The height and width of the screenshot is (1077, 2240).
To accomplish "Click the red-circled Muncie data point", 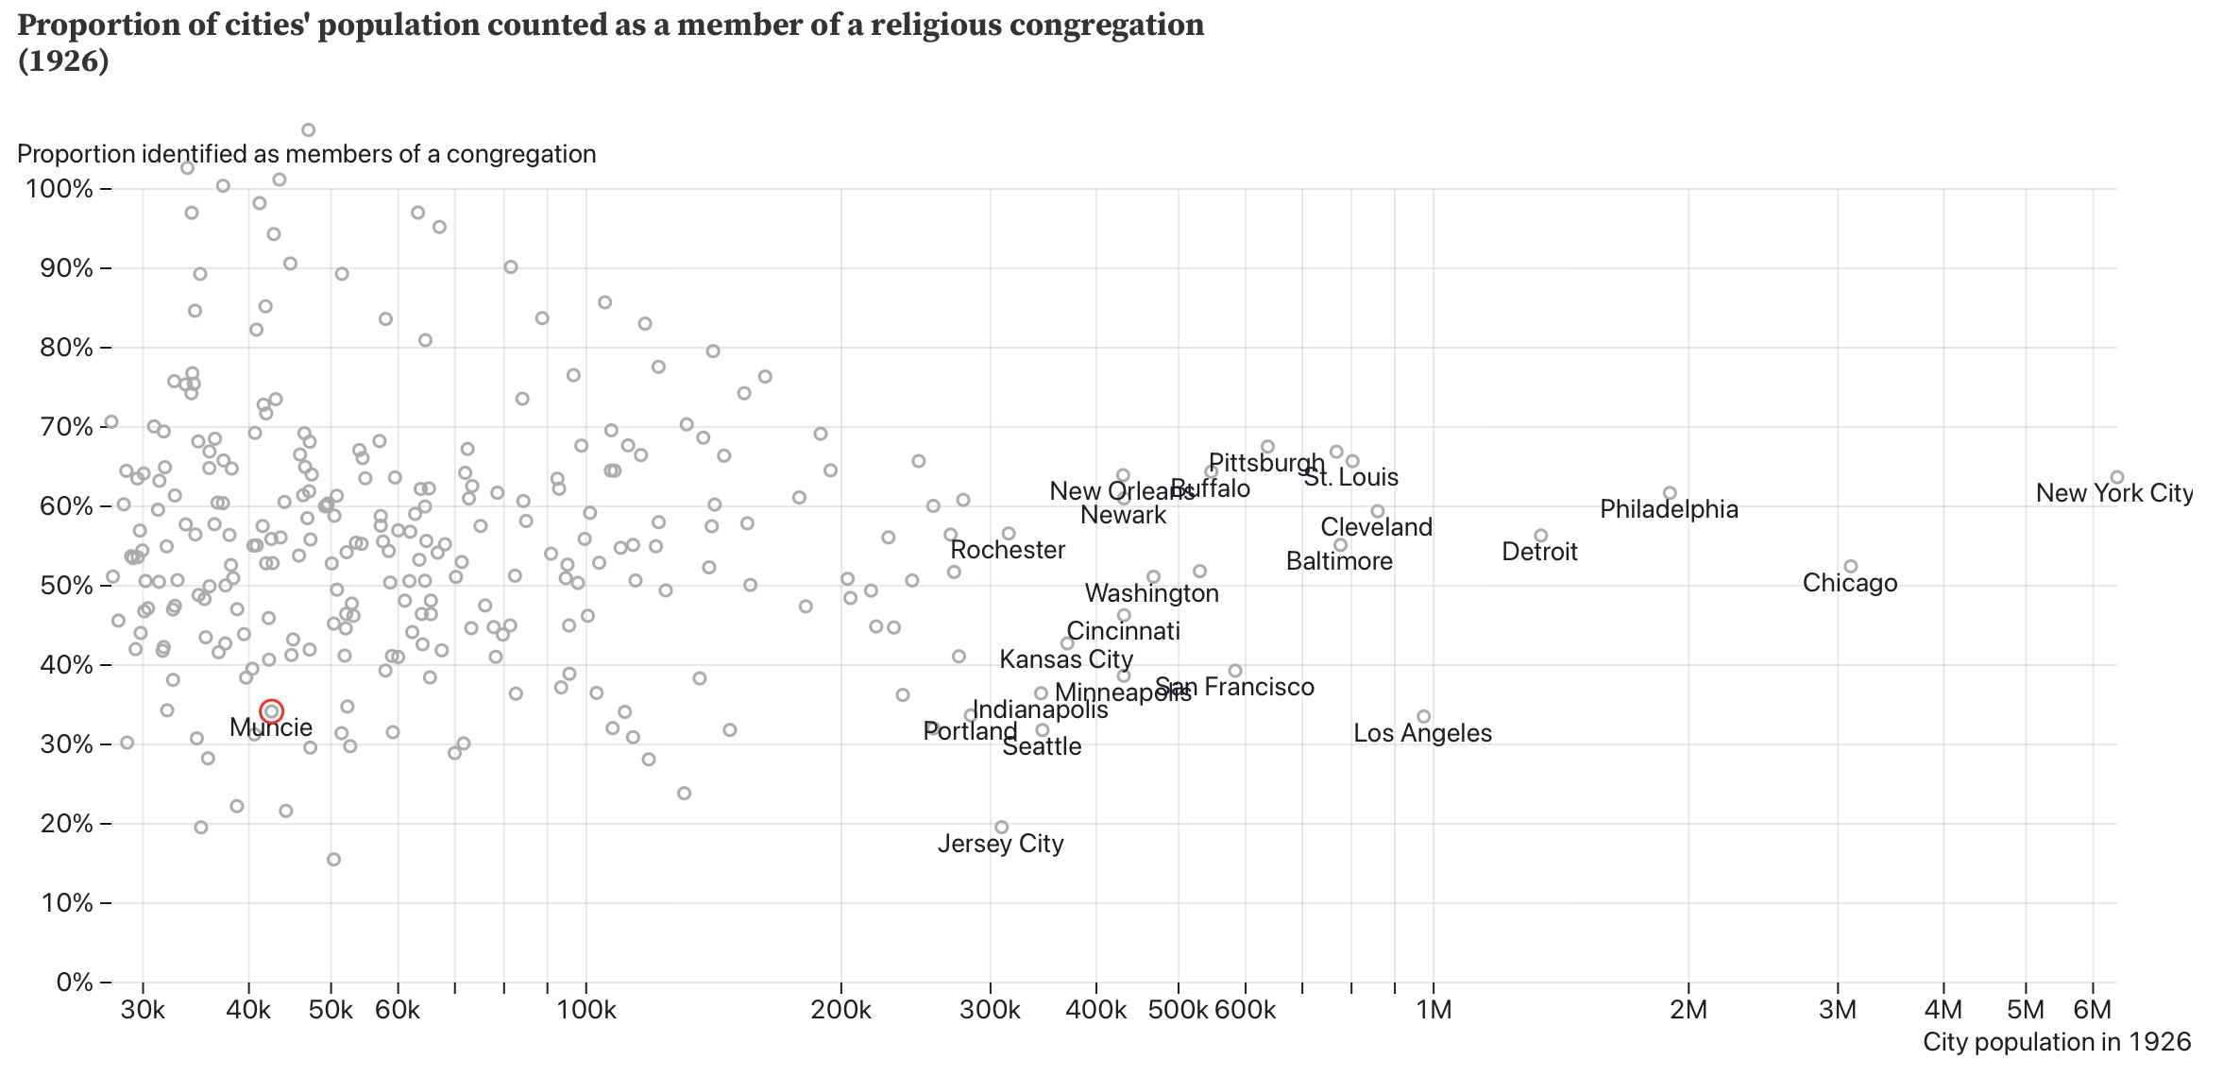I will point(271,711).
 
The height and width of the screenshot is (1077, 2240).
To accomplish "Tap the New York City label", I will point(2113,493).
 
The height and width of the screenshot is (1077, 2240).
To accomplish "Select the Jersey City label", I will point(1000,844).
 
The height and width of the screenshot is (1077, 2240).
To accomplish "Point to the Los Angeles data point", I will point(1424,717).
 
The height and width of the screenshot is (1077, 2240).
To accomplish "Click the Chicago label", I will point(1849,583).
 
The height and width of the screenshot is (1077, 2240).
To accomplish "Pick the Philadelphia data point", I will point(1670,493).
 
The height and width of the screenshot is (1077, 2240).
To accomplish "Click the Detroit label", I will point(1539,552).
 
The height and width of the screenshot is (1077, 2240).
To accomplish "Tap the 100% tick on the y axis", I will point(60,189).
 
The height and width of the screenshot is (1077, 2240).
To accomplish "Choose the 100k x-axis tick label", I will point(585,1010).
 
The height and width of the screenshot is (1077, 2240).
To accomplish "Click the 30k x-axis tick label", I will point(143,1010).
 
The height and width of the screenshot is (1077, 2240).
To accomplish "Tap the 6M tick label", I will point(2092,1010).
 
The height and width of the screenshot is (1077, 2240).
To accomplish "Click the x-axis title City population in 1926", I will point(2056,1042).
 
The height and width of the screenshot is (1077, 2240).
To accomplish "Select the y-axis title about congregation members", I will point(306,154).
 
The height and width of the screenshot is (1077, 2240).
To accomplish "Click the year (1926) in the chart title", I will point(63,61).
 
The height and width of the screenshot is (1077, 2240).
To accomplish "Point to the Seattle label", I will point(1042,746).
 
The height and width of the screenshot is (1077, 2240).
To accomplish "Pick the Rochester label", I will point(1008,550).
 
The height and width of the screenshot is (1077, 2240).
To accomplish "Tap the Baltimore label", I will point(1339,561).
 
